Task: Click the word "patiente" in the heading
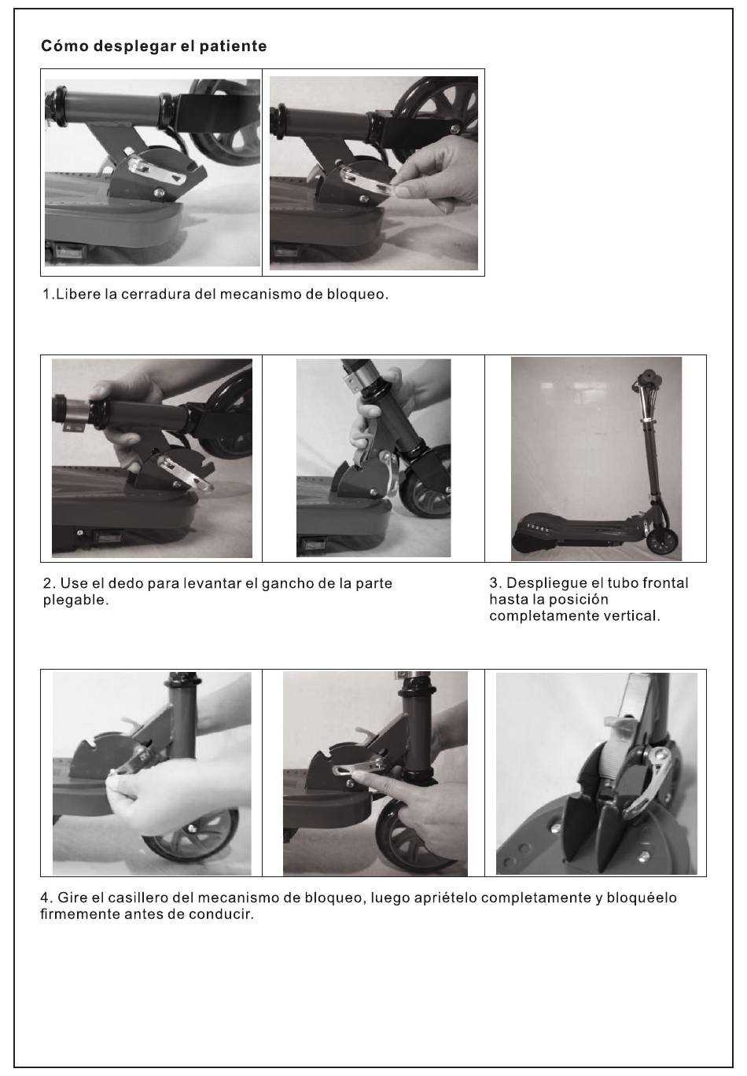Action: (233, 46)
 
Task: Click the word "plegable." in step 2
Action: (76, 600)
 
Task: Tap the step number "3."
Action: (495, 583)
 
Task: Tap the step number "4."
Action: (46, 898)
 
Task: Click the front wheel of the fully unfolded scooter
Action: (661, 542)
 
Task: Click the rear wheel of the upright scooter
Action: (524, 543)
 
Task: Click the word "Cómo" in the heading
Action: (65, 46)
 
